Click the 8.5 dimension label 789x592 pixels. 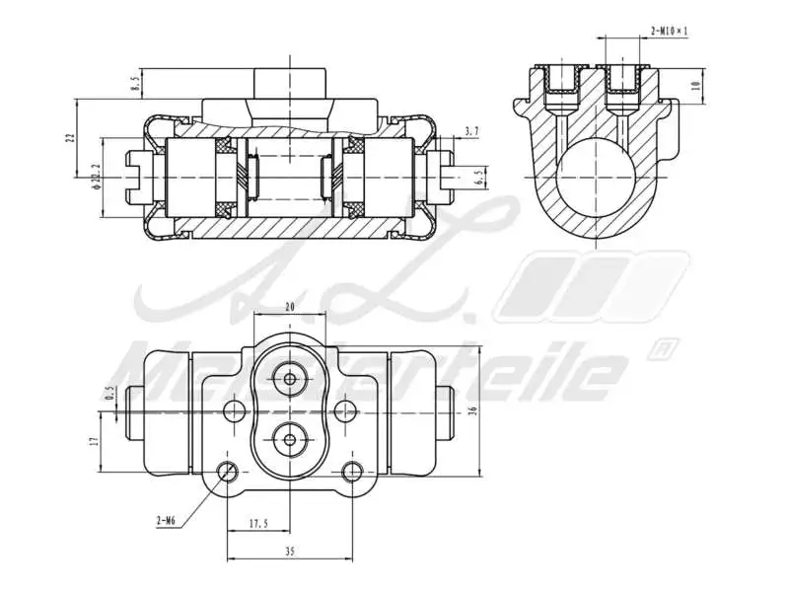pos(134,84)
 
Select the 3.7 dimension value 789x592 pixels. pos(470,131)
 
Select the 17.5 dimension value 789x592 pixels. pos(258,524)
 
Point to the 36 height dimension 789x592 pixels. pos(473,409)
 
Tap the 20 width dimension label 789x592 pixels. pos(290,307)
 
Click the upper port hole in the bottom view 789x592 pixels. pos(290,379)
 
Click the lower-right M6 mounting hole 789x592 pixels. pos(351,471)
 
